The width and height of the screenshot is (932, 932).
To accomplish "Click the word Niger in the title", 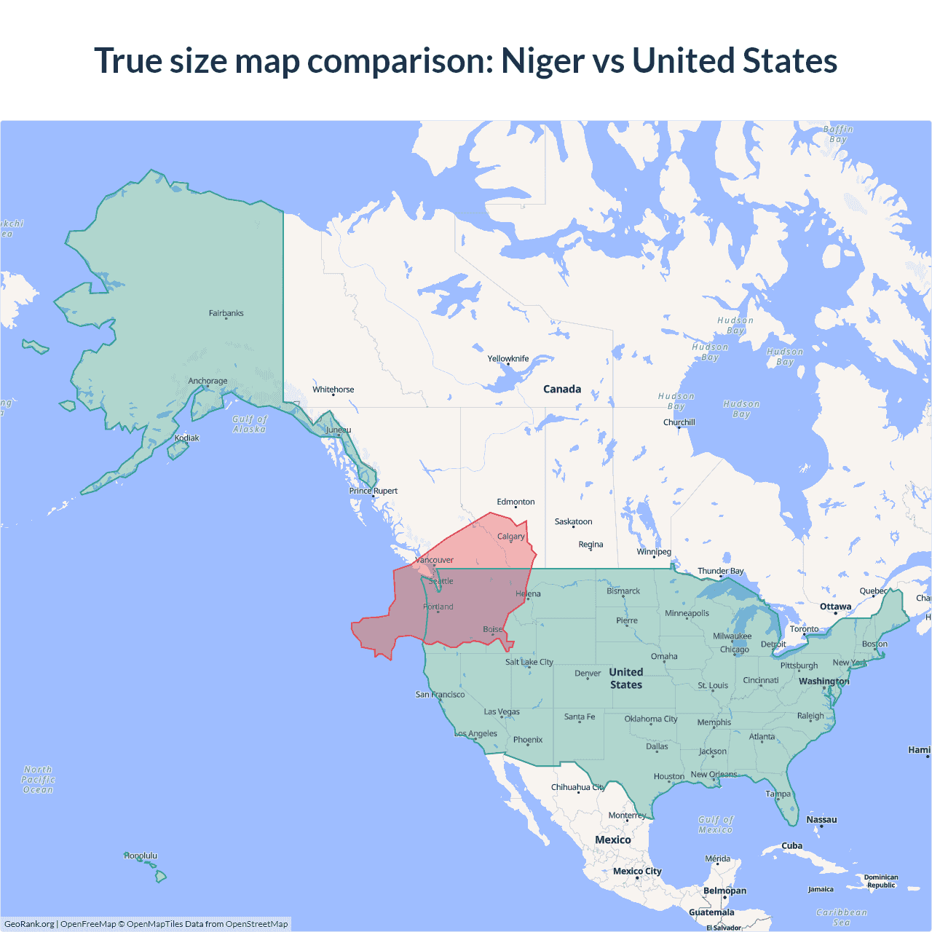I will click(542, 60).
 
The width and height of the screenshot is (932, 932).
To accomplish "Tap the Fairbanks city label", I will click(226, 313).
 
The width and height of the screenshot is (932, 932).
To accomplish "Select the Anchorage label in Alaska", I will click(208, 381).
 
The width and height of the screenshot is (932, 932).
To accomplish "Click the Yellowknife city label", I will click(508, 358).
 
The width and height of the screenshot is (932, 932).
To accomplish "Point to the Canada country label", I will click(562, 389).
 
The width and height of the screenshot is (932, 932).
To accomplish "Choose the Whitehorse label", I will click(333, 390).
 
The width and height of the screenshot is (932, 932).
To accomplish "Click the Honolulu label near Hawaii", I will click(141, 856).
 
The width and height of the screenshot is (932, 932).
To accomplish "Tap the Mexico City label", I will click(637, 871).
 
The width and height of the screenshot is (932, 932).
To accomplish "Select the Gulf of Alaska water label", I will click(250, 424).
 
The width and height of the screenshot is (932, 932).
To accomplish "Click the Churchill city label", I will click(679, 422).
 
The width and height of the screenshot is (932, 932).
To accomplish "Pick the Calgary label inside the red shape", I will click(510, 537).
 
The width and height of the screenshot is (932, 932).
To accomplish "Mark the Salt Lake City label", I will click(529, 662).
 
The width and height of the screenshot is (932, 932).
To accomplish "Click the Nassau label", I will click(821, 820).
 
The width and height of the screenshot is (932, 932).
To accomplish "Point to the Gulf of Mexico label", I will click(716, 824).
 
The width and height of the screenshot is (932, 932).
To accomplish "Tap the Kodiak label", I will click(186, 438).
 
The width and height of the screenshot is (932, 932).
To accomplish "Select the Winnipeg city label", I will click(654, 551).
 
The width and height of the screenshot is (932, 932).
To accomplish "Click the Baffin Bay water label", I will click(838, 134).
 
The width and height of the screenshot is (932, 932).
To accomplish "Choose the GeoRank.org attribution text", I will click(29, 924).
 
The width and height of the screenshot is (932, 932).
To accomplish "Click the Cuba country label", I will click(791, 845).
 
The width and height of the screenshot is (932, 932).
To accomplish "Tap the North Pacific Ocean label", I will click(38, 779).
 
